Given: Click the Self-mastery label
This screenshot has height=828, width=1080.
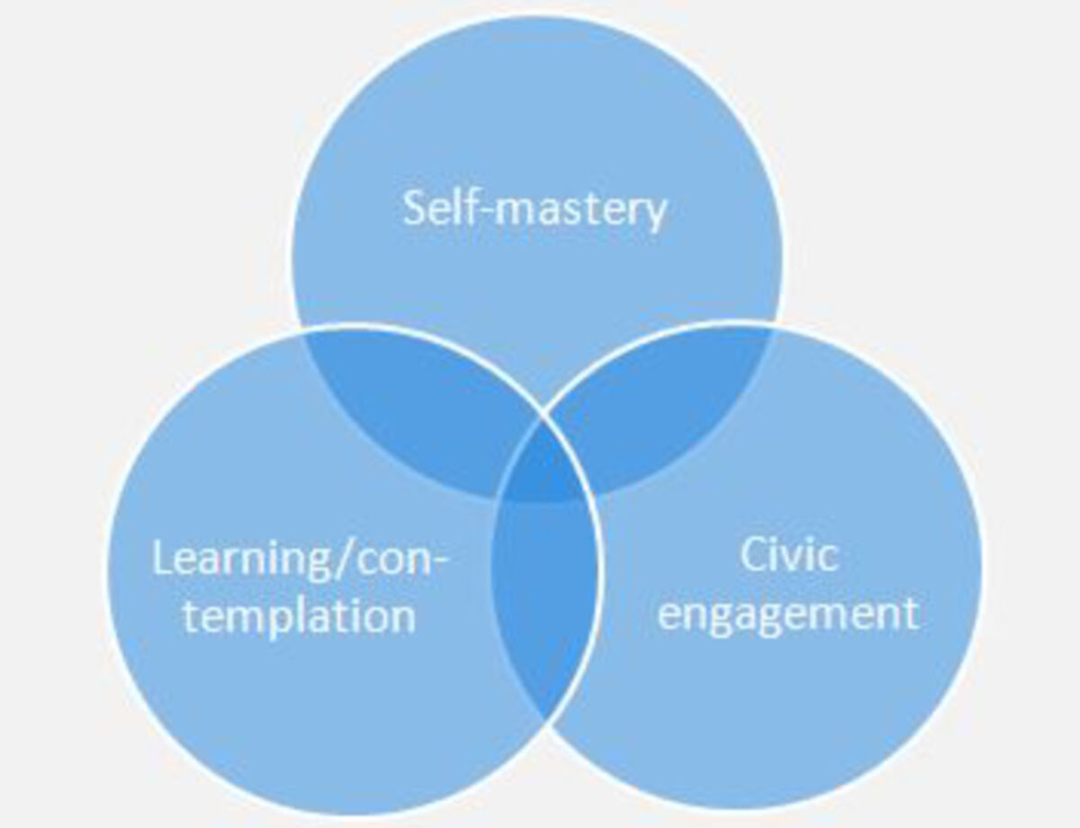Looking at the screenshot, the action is tap(535, 209).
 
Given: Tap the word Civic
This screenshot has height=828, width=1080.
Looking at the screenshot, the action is tap(789, 554).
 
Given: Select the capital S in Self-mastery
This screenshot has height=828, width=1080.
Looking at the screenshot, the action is tap(414, 208).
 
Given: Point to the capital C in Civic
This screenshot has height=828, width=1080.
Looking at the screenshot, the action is tap(753, 555).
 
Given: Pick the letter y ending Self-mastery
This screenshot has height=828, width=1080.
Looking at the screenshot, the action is tap(654, 215).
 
